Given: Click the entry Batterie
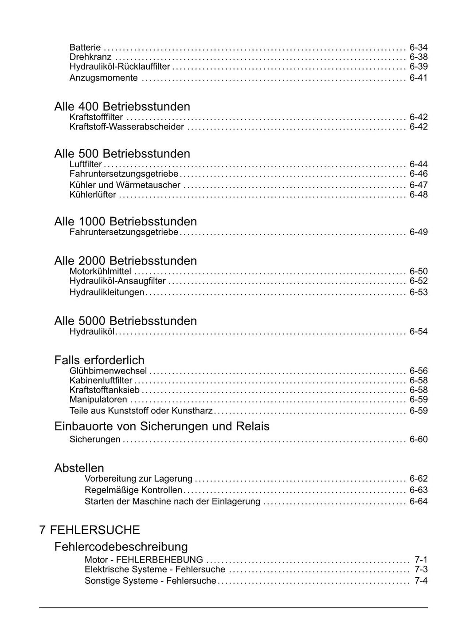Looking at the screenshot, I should (85, 47).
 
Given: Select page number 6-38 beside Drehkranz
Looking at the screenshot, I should (418, 57).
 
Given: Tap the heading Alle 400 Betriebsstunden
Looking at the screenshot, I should (122, 106).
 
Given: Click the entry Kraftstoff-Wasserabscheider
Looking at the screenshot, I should (127, 127).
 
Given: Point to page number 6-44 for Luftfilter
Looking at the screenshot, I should (418, 164).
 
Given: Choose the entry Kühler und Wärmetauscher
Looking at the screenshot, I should (125, 185).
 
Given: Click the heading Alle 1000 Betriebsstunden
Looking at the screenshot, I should (125, 221).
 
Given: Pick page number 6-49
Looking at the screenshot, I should (418, 232).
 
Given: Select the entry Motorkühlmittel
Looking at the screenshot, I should (100, 271).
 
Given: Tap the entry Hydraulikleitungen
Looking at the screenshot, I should (107, 292).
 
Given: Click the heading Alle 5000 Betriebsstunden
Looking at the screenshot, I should (125, 321).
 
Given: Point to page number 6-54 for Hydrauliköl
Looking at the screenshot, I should (418, 331).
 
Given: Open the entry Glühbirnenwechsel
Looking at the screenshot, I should (108, 371).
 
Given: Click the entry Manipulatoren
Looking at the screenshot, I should (98, 400).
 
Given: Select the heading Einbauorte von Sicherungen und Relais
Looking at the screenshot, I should (162, 426).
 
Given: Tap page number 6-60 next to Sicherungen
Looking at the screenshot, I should (418, 439).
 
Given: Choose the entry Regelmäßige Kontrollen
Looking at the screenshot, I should (133, 490).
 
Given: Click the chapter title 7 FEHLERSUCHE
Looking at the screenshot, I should (90, 530).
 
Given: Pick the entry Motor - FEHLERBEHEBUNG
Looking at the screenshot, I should (144, 559).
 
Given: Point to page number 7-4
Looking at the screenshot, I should (421, 581).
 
